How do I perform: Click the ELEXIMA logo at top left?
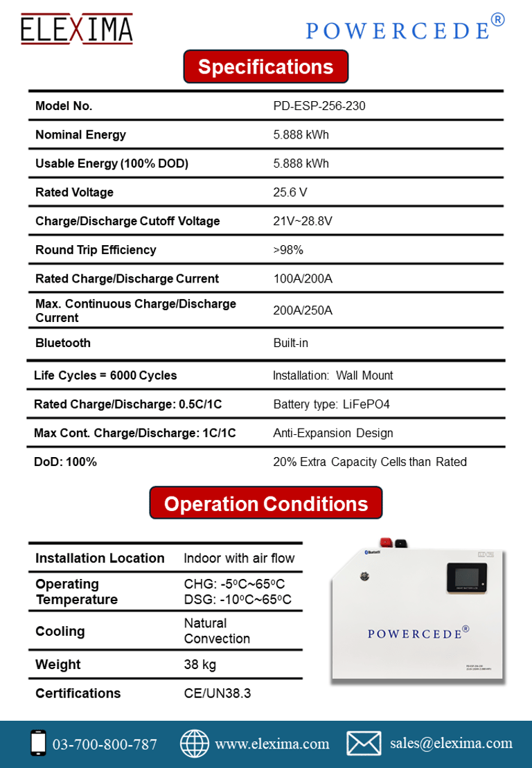pos(76,29)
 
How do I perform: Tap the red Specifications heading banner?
pos(265,67)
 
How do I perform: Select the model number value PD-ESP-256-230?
pos(319,106)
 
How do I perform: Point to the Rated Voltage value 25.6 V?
pos(290,193)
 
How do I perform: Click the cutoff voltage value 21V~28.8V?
pos(303,221)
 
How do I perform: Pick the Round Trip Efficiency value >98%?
pos(288,250)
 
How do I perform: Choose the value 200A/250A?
pos(303,310)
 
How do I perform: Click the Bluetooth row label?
pos(63,343)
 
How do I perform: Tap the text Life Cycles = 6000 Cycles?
pos(105,375)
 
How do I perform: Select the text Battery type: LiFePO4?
pos(331,404)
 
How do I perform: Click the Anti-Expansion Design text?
pos(333,434)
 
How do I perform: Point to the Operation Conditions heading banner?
pos(265,503)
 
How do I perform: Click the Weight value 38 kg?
pos(200,665)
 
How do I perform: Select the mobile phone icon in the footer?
pos(39,743)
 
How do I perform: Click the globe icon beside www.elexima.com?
pos(195,743)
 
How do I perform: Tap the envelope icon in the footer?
pos(364,743)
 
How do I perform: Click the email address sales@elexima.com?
pos(451,743)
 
